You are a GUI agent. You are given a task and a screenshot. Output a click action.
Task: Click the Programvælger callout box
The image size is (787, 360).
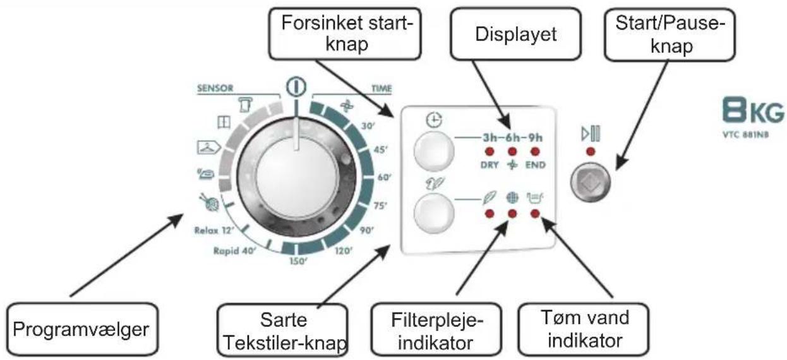click(83, 329)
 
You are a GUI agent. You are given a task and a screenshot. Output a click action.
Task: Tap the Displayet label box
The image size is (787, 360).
click(516, 34)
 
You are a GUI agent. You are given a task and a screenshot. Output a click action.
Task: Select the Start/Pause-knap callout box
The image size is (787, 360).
click(670, 34)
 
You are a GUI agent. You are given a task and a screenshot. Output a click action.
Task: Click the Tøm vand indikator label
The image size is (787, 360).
click(584, 329)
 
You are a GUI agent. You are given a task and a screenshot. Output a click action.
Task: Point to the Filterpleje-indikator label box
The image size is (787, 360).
click(436, 330)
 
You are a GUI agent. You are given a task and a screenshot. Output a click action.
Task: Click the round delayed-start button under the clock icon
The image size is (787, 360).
click(434, 152)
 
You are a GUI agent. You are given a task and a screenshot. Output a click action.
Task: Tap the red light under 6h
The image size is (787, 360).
click(512, 152)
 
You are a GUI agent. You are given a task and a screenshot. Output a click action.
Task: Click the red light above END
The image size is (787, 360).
click(535, 152)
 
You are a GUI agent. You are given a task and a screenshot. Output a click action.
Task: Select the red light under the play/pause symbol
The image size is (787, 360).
click(591, 152)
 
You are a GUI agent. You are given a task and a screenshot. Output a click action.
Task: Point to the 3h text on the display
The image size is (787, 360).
click(491, 137)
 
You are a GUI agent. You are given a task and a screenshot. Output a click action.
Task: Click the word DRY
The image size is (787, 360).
click(490, 165)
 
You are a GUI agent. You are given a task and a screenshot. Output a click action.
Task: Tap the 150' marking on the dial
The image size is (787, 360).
click(298, 261)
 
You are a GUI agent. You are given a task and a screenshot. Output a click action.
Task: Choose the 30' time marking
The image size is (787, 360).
click(368, 126)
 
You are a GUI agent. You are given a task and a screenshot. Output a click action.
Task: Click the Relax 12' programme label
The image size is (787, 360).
click(214, 231)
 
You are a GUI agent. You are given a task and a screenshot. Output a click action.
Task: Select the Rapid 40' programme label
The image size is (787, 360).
click(235, 251)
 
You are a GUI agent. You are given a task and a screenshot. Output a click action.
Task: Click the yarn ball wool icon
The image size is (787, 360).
click(210, 202)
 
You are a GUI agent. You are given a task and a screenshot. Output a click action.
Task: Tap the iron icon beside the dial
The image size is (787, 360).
click(205, 174)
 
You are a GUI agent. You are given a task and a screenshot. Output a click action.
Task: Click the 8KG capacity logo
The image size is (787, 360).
click(753, 110)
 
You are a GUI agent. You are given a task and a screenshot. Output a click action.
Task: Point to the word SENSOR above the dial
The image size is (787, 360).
click(215, 88)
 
